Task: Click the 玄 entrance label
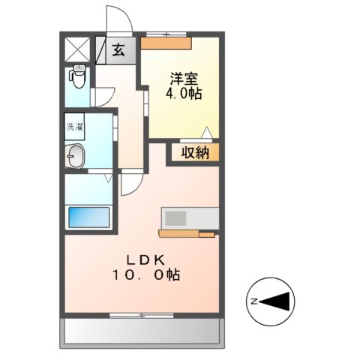pyautogui.click(x=118, y=51)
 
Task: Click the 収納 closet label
pyautogui.click(x=196, y=152)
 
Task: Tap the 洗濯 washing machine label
pyautogui.click(x=74, y=127)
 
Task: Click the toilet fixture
pyautogui.click(x=77, y=76)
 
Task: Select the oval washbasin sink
pyautogui.click(x=76, y=157)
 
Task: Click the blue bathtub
pyautogui.click(x=88, y=217)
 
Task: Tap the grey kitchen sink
pyautogui.click(x=177, y=218)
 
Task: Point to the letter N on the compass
pyautogui.click(x=254, y=301)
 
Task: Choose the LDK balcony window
pyautogui.click(x=142, y=314)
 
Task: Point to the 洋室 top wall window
pyautogui.click(x=165, y=33)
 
